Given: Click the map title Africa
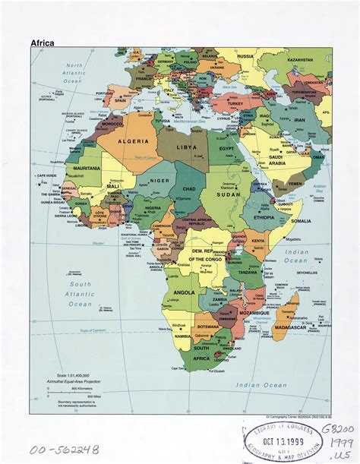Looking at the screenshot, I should tap(42, 43).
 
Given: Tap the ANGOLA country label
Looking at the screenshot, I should tap(185, 292).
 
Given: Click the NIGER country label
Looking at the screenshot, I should tap(159, 181).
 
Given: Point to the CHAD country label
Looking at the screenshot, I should tap(190, 188).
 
